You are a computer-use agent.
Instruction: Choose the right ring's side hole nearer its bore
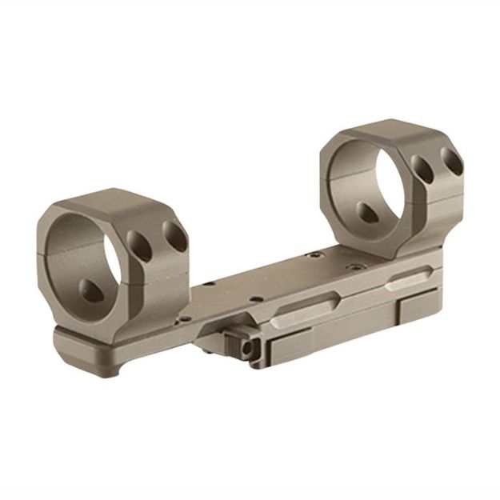tap(422, 170)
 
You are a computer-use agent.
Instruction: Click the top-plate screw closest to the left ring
tap(210, 282)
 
